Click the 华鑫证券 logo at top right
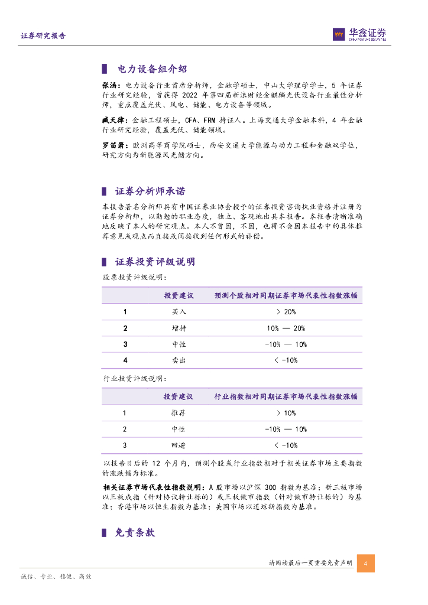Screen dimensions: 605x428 [359, 35]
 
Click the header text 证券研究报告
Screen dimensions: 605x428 [43, 36]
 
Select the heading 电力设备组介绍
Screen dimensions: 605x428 [144, 69]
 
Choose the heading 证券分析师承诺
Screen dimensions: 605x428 [150, 191]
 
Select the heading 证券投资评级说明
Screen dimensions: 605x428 [155, 262]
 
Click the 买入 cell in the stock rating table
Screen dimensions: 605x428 [179, 311]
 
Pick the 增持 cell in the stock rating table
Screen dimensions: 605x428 [179, 328]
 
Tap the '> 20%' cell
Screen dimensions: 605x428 [286, 311]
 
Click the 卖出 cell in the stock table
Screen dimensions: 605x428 [179, 360]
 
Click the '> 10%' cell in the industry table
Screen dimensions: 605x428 [286, 413]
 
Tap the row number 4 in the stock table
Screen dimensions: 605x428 [125, 360]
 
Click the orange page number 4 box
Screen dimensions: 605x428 [366, 563]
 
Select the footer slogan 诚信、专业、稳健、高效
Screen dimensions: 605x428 [56, 576]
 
